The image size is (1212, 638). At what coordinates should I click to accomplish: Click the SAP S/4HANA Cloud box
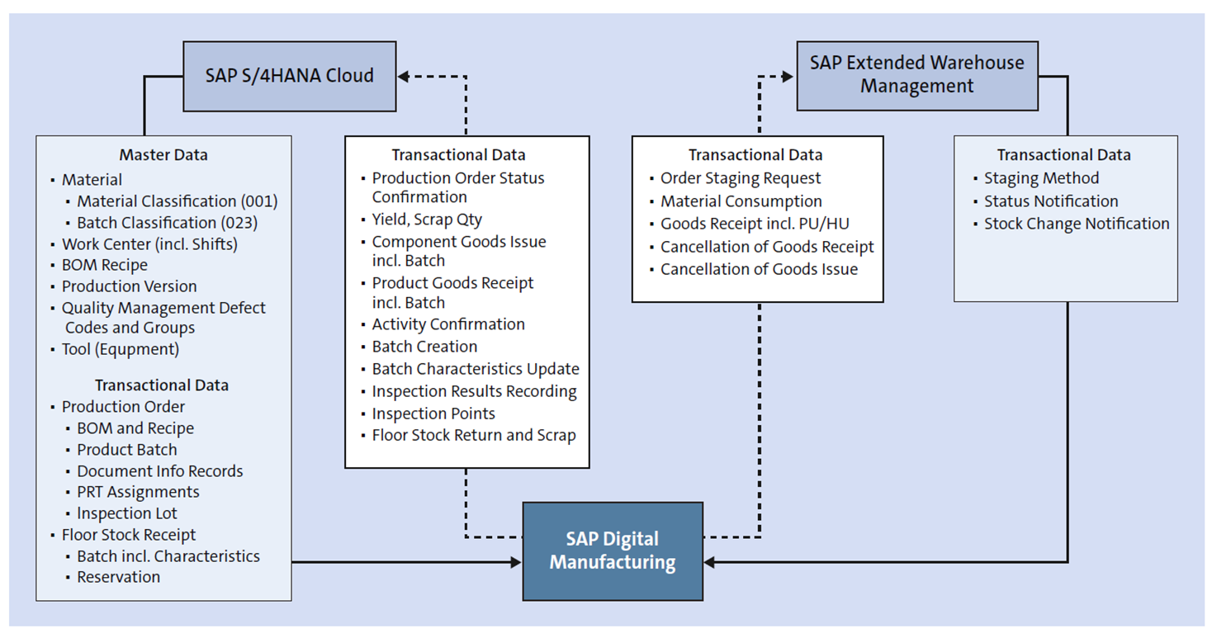(289, 76)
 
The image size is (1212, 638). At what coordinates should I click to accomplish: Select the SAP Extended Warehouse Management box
(916, 75)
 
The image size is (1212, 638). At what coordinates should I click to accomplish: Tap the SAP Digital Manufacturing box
(613, 551)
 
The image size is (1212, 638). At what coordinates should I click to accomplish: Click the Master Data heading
(163, 155)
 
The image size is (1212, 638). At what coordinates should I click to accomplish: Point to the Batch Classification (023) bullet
(167, 223)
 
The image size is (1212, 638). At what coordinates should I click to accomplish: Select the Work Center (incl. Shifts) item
(149, 244)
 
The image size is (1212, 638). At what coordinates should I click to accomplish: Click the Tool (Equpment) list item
(121, 349)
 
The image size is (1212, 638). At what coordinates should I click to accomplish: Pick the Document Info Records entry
(159, 471)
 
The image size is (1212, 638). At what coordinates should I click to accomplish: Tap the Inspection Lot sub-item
(126, 513)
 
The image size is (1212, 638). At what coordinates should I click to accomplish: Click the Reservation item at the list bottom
(118, 577)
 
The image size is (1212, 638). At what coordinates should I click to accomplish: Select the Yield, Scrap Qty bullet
(427, 220)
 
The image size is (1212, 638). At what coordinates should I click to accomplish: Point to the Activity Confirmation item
(448, 324)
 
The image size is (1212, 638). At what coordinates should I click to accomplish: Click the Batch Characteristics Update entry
(476, 369)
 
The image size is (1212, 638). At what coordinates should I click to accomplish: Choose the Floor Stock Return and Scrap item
(474, 435)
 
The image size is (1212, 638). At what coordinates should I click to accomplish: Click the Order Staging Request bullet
(741, 178)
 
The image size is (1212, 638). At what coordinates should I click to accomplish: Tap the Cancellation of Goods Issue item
(759, 269)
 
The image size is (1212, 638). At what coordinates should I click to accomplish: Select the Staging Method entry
(1041, 178)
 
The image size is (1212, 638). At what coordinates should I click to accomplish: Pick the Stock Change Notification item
(1077, 224)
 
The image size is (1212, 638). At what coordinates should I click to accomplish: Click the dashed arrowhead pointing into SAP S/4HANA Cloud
(405, 77)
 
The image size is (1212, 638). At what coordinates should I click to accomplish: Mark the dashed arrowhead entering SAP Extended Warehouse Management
(787, 77)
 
